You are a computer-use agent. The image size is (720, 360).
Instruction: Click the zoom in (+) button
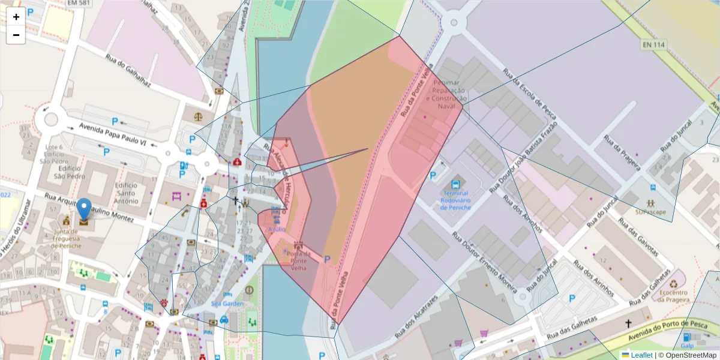16,17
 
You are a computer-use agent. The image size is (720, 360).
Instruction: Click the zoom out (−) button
16,35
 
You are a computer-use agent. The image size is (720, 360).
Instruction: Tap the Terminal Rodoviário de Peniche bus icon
455,184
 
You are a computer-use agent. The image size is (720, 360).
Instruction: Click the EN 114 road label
654,44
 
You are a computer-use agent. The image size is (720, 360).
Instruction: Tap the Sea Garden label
227,304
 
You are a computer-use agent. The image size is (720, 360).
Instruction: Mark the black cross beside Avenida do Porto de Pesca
628,323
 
